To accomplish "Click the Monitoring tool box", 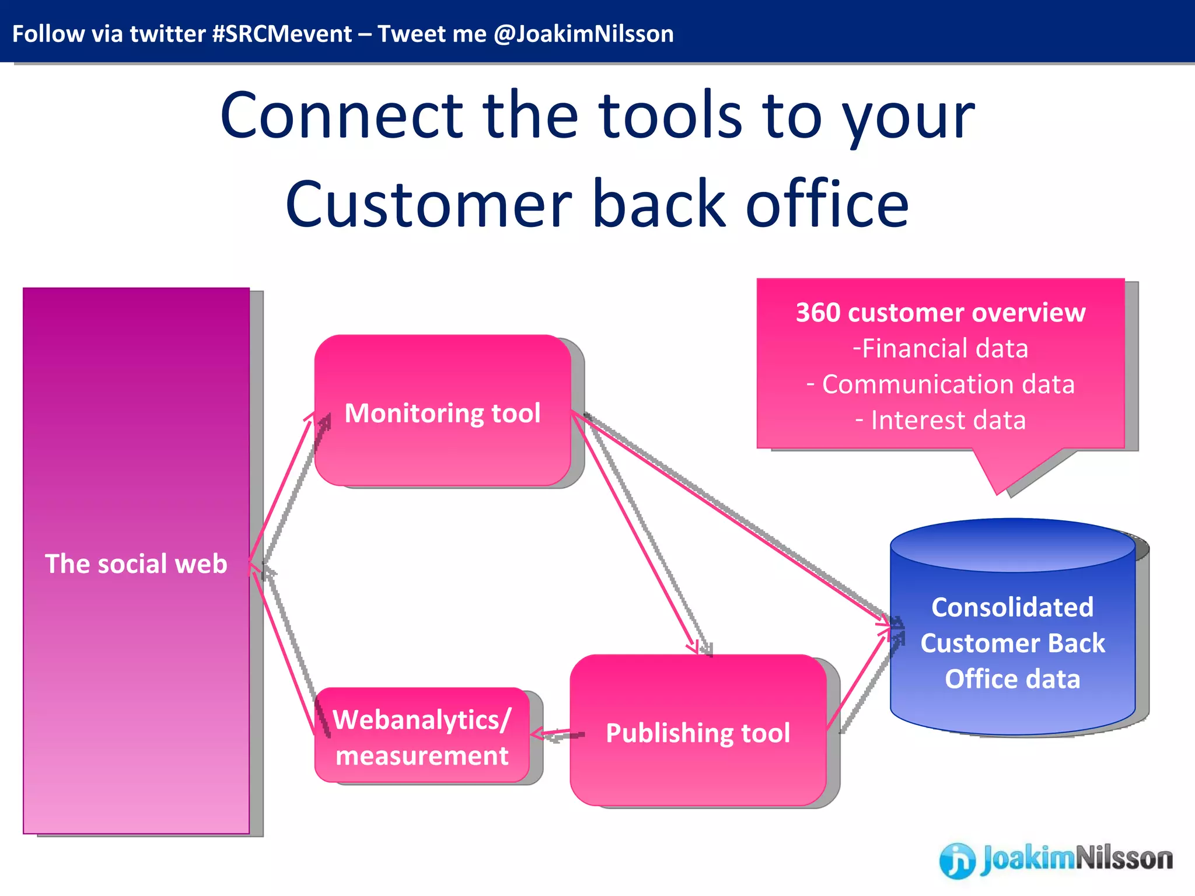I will pyautogui.click(x=442, y=411).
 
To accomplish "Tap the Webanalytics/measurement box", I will pyautogui.click(x=422, y=736).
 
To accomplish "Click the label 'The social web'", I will pyautogui.click(x=136, y=563).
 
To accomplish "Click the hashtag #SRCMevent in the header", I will pyautogui.click(x=282, y=34).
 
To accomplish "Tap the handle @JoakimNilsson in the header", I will pyautogui.click(x=583, y=34).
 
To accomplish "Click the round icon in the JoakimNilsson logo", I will pyautogui.click(x=957, y=860).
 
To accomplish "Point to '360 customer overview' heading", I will pyautogui.click(x=940, y=313).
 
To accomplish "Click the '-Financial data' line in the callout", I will pyautogui.click(x=940, y=348).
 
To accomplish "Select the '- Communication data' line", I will pyautogui.click(x=940, y=384).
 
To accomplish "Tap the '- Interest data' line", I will pyautogui.click(x=940, y=420).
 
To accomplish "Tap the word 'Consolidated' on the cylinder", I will pyautogui.click(x=1012, y=607).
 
